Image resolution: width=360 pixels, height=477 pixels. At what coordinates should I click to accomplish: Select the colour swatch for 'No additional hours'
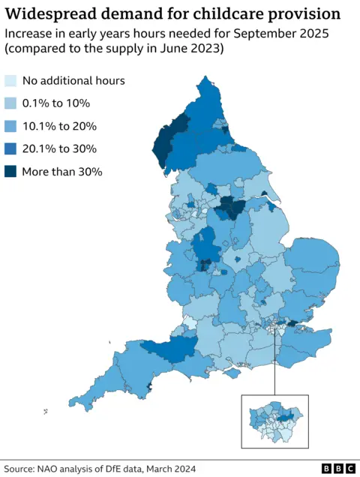[10, 81]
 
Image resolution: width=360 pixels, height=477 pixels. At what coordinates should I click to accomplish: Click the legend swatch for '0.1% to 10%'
[10, 103]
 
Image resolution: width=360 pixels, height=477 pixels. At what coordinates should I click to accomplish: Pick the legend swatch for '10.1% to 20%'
[10, 126]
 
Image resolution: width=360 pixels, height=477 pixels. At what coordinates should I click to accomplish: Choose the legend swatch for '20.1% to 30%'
[10, 148]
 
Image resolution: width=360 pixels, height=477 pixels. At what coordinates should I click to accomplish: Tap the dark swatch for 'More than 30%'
[10, 171]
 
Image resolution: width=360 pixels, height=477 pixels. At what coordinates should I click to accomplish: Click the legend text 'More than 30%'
[61, 171]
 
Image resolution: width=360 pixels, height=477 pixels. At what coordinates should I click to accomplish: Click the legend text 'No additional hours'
[73, 81]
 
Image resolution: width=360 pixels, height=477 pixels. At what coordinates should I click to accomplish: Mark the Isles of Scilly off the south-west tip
[46, 410]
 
